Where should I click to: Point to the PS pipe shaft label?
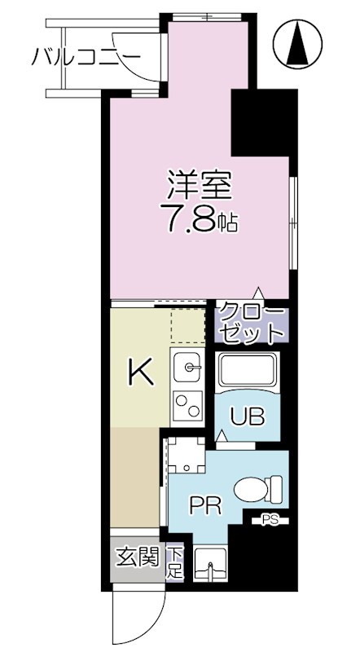point(270,518)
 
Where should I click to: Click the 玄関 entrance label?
point(138,558)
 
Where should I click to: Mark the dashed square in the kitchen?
point(187,325)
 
